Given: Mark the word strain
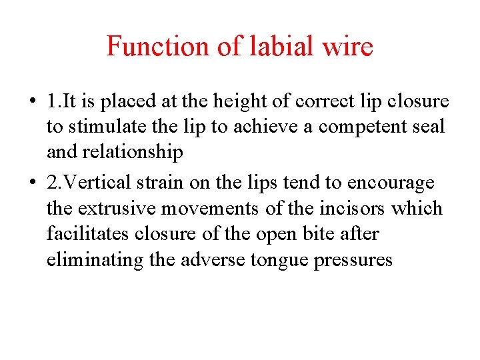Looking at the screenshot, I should (160, 183).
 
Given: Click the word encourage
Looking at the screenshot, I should (391, 183).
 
